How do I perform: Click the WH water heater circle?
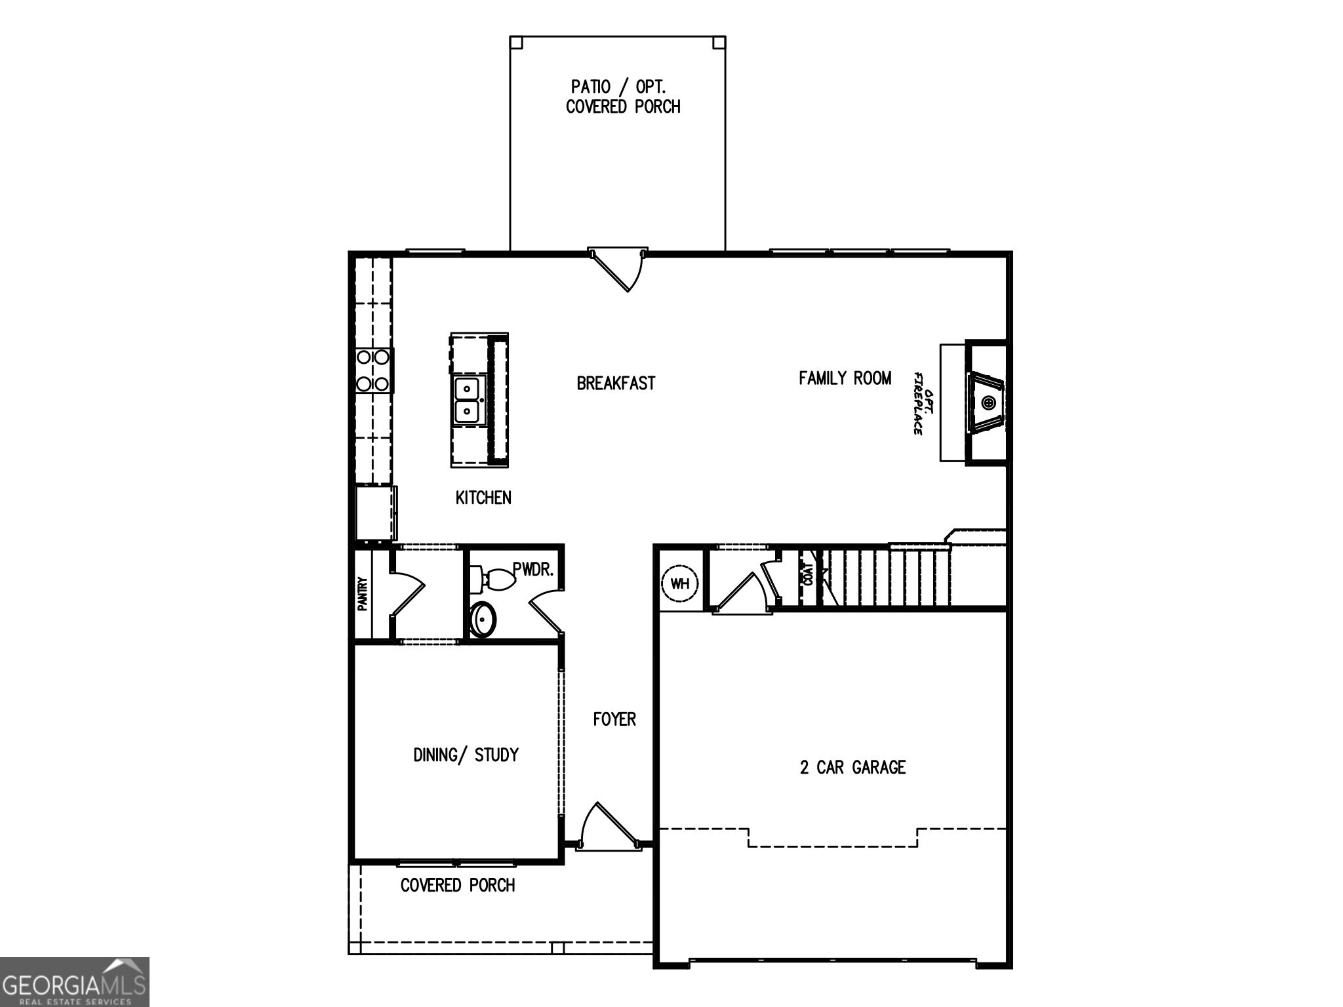[680, 583]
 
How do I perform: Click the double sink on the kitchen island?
[467, 400]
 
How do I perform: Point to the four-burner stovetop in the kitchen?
[372, 370]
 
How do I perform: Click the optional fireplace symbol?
[987, 403]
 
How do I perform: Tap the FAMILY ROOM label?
[845, 378]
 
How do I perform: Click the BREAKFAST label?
[616, 384]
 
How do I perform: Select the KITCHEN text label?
[483, 498]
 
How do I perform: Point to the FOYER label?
[614, 719]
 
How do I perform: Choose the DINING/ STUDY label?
[466, 755]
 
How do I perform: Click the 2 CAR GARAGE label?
[852, 767]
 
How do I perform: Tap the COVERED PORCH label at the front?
[458, 885]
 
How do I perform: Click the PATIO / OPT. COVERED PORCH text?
[622, 96]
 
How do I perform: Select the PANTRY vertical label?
[362, 594]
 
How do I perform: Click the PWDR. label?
[533, 569]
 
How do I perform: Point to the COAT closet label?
[808, 575]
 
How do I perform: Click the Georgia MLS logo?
[74, 981]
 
